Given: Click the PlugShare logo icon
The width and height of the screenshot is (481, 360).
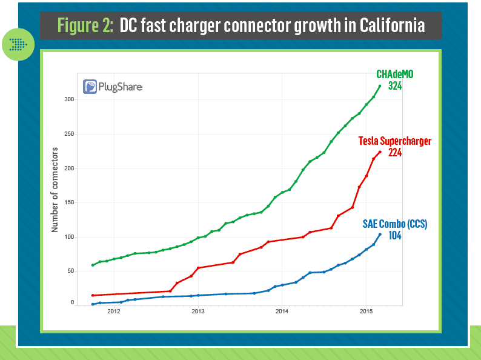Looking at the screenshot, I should (x=91, y=87).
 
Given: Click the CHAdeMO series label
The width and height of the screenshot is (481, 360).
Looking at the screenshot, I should (x=395, y=74).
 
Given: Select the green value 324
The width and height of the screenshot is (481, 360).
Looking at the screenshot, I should (x=395, y=86).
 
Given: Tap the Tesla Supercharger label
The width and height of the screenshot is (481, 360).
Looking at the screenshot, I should (x=395, y=141).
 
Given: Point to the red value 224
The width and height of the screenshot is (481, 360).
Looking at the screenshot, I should (x=394, y=153).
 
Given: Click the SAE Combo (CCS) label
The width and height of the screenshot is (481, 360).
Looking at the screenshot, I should (x=395, y=224).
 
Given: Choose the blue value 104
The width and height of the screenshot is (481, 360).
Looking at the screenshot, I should (x=394, y=236).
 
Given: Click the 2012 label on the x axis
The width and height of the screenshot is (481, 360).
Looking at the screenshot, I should (x=113, y=312).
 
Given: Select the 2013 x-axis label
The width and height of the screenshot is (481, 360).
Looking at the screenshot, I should (x=197, y=312).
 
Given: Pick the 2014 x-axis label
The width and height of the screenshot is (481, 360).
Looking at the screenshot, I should (x=282, y=312).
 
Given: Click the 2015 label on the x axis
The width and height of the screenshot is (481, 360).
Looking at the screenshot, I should (x=366, y=312).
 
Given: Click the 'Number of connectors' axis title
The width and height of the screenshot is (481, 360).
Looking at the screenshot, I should (x=55, y=190).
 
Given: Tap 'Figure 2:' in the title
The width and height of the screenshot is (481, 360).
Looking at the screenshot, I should (x=85, y=25).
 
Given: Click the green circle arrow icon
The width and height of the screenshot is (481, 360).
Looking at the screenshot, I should (x=18, y=44).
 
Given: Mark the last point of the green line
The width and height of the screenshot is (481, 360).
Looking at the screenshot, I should (x=380, y=86).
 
